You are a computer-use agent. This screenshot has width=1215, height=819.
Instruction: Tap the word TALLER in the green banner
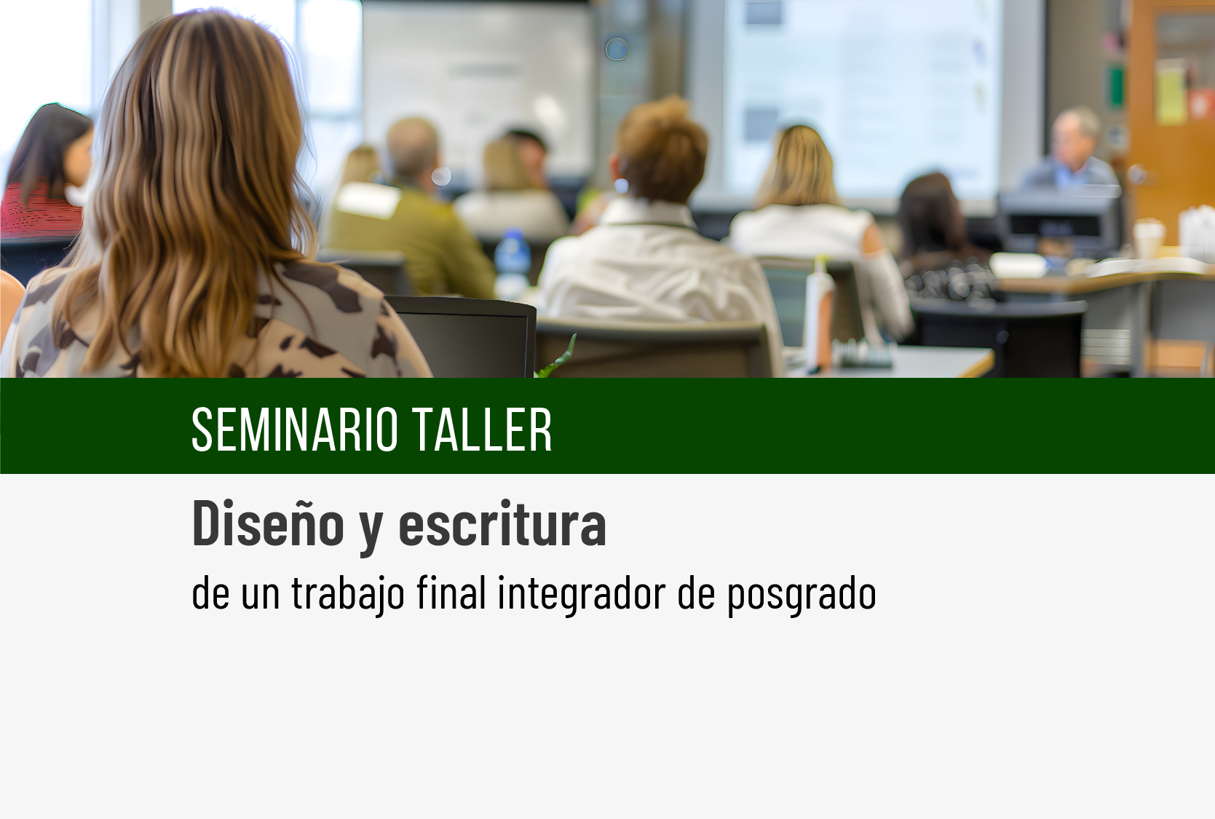click(482, 430)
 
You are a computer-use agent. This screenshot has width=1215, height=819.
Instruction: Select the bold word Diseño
click(269, 522)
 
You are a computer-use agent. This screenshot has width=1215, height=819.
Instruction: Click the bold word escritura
click(502, 523)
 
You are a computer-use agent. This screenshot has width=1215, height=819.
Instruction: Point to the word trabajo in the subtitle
click(348, 595)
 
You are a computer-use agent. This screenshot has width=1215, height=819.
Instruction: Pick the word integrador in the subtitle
click(581, 595)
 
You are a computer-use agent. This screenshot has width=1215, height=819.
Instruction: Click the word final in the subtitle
click(451, 593)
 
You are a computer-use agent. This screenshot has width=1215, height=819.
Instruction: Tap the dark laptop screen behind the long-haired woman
click(467, 337)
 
